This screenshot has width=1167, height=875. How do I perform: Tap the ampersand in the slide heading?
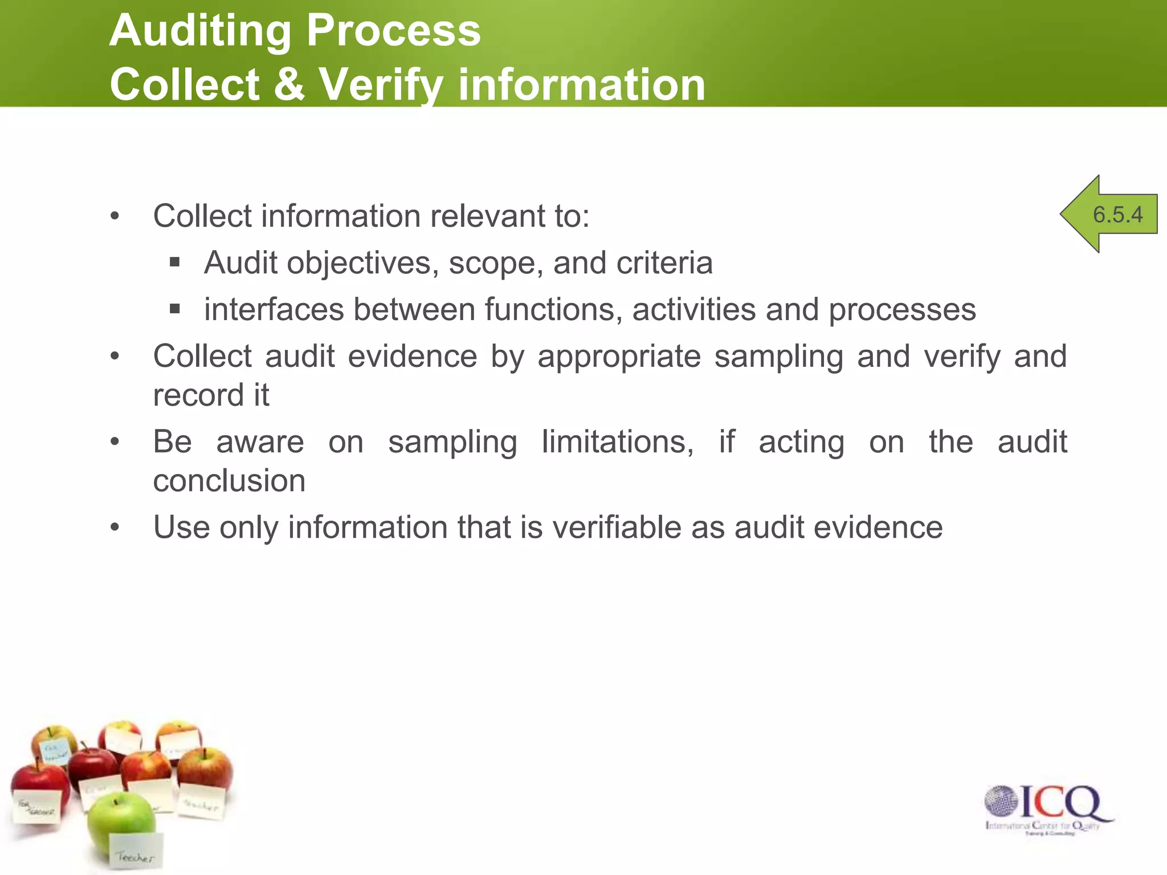pyautogui.click(x=289, y=84)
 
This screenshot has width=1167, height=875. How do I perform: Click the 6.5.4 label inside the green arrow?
pyautogui.click(x=1117, y=215)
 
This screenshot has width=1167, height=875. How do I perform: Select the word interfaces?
pyautogui.click(x=274, y=310)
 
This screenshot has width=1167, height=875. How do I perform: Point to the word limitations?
pyautogui.click(x=618, y=442)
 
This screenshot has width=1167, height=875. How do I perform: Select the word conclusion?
pyautogui.click(x=229, y=481)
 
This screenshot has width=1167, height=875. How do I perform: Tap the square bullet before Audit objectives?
pyautogui.click(x=175, y=263)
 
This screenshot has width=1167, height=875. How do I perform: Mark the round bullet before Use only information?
pyautogui.click(x=115, y=528)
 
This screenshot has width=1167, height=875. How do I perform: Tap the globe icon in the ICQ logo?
pyautogui.click(x=1001, y=801)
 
